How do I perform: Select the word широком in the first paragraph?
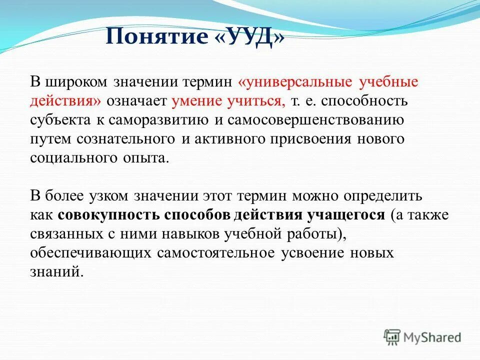tap(76, 81)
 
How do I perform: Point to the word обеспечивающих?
tap(90, 252)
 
